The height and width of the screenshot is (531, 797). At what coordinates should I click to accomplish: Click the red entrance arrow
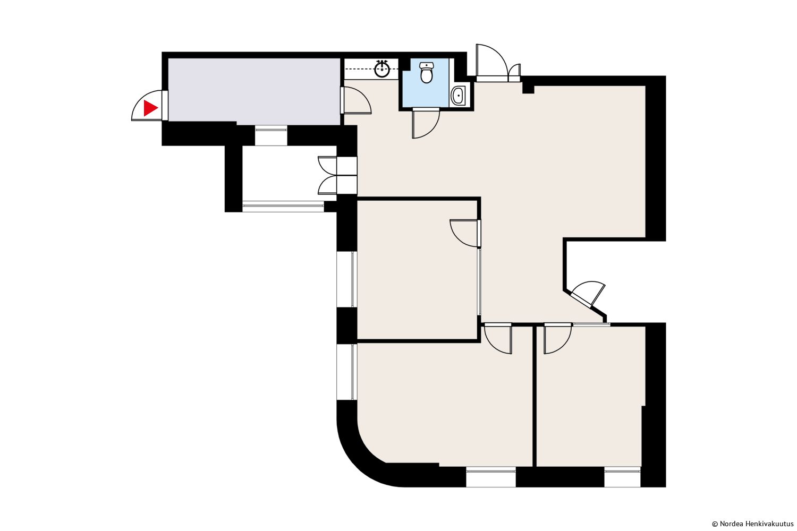(150, 108)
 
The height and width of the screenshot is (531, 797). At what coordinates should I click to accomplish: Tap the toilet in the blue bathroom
(426, 72)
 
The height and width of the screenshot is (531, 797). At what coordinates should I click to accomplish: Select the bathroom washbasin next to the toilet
(458, 96)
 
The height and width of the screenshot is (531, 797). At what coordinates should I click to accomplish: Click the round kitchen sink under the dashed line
(382, 68)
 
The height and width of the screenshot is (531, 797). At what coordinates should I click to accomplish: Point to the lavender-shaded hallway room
(254, 91)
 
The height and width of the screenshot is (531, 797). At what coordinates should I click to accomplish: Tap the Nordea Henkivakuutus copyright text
(752, 524)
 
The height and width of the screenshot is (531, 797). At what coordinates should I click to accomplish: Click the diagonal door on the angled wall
(587, 295)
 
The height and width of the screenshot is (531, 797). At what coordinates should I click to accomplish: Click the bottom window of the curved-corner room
(490, 477)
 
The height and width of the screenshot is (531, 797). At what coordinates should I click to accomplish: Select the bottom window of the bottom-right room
(622, 477)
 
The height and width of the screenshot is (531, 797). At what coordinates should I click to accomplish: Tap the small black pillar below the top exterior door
(528, 89)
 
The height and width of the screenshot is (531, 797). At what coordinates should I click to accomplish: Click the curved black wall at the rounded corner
(359, 459)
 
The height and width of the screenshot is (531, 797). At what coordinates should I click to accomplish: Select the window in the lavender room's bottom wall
(271, 135)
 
